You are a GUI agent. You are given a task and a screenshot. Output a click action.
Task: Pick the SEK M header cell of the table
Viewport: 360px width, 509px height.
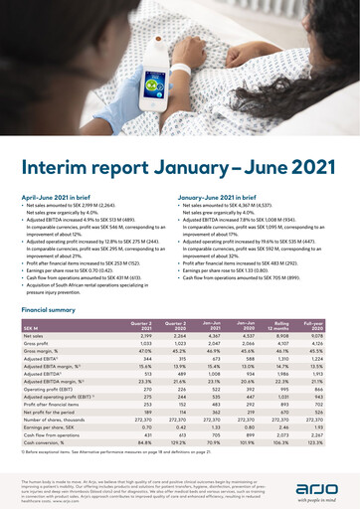pyautogui.click(x=31, y=328)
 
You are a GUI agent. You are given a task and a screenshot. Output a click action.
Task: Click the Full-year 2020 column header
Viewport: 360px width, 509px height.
pyautogui.click(x=329, y=326)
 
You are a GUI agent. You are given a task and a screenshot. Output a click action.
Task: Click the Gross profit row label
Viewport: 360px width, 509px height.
pyautogui.click(x=37, y=344)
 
